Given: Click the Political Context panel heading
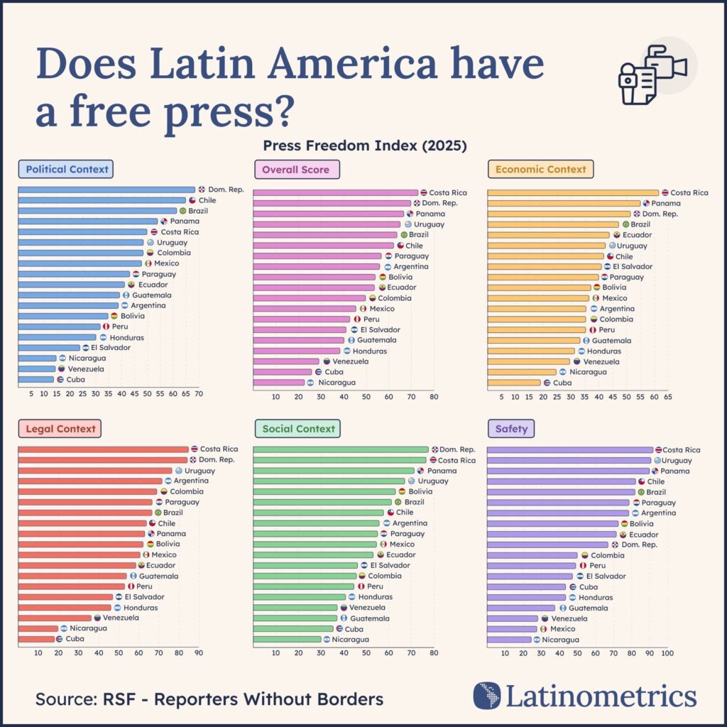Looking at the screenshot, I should click(x=67, y=170).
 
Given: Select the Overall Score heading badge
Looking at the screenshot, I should click(x=297, y=170).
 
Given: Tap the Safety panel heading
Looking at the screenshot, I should click(x=511, y=429).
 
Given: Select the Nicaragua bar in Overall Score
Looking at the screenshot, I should click(x=278, y=383).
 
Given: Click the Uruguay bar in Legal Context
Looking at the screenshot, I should click(x=94, y=471).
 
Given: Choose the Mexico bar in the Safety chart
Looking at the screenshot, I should click(x=512, y=629).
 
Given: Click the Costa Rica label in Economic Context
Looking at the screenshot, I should click(x=689, y=192).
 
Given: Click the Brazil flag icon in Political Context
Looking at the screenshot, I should click(x=182, y=211).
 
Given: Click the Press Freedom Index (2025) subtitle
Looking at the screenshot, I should click(x=364, y=146).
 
